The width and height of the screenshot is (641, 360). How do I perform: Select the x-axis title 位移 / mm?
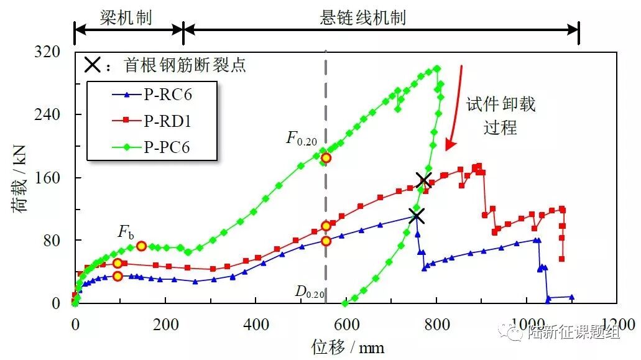point(348,347)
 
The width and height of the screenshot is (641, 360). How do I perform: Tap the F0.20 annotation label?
point(302,138)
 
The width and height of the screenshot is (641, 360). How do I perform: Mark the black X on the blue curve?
point(416,216)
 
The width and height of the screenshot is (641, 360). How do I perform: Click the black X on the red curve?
point(424,180)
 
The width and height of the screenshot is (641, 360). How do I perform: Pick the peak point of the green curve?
point(436,68)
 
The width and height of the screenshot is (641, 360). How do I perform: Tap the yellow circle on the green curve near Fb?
point(141,246)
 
